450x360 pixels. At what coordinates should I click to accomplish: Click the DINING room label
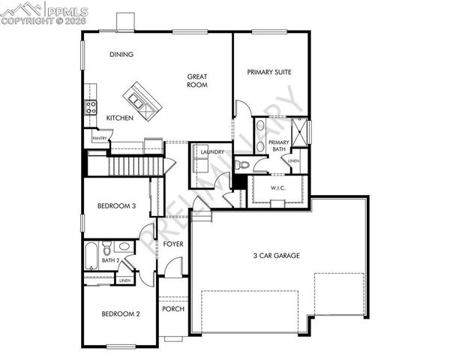121,54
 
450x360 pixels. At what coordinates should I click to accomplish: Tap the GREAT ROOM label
197,80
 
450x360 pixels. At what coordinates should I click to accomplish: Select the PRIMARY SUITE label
269,72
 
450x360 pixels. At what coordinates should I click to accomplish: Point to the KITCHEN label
120,118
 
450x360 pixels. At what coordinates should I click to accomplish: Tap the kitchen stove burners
91,107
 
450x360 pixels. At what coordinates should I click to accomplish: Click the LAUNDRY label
212,152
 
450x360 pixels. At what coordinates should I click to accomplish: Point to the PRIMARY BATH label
278,145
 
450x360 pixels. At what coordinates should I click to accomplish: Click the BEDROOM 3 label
116,207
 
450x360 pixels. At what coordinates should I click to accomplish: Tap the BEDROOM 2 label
121,313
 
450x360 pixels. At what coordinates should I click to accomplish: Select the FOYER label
174,244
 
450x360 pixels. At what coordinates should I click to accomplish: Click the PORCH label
173,308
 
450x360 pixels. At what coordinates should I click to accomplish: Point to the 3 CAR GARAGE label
276,256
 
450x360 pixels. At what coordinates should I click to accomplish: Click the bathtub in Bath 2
91,256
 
